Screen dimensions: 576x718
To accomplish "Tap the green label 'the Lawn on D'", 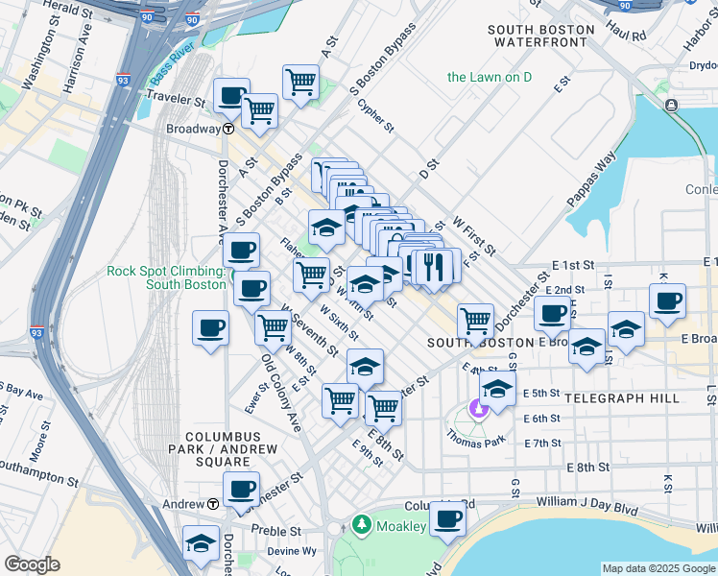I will pos(489,77).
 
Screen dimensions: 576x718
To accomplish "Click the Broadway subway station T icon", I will pos(229,129).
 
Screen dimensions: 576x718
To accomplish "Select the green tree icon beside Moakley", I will pos(361,525).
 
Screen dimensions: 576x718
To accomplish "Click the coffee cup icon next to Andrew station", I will pos(242,489).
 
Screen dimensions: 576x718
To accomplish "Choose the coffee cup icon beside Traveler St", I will pos(231,96).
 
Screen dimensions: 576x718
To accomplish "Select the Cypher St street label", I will pos(375,116).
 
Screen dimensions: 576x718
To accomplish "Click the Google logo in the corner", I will pos(32,564).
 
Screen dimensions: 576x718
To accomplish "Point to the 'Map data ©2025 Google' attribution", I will pos(658,568).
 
